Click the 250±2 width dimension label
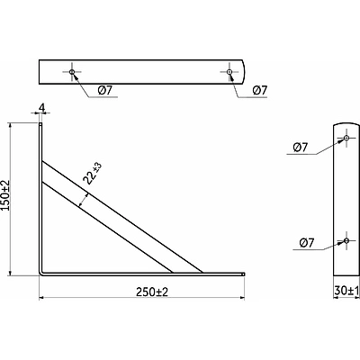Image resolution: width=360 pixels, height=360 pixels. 152,292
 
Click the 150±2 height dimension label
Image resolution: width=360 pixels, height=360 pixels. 5,195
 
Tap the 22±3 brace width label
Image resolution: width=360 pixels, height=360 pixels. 93,174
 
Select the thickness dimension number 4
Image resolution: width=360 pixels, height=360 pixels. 42,108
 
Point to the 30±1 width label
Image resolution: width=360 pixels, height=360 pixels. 346,291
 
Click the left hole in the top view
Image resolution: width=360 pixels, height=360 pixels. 72,72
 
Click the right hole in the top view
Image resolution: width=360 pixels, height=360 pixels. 229,72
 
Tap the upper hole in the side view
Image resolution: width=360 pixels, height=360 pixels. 346,138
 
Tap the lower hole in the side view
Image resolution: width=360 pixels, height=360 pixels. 346,240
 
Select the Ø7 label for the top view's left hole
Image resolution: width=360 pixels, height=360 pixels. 104,90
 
